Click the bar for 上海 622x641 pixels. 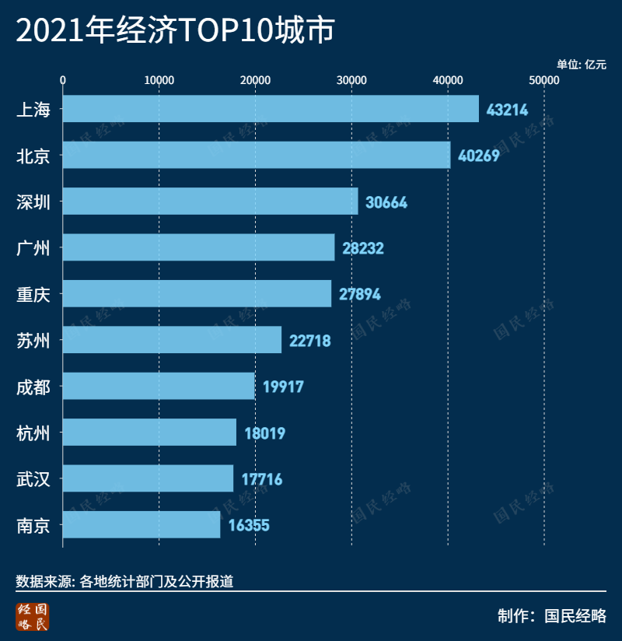click(271, 109)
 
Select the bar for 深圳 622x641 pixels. click(210, 201)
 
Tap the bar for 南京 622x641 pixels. click(141, 525)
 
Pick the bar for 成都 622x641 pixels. click(158, 387)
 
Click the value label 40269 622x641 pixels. click(478, 156)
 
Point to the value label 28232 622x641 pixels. click(362, 248)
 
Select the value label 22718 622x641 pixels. click(309, 341)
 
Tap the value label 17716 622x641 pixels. click(261, 479)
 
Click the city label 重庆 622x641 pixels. click(33, 294)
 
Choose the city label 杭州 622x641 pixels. click(33, 433)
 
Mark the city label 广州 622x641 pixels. click(33, 248)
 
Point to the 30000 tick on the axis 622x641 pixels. click(351, 80)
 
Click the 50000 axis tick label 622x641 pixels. click(543, 80)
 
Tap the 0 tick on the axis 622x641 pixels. click(63, 80)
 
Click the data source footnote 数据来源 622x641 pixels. click(124, 580)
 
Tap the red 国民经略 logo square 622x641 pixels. click(33, 616)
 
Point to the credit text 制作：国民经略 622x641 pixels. click(551, 616)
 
